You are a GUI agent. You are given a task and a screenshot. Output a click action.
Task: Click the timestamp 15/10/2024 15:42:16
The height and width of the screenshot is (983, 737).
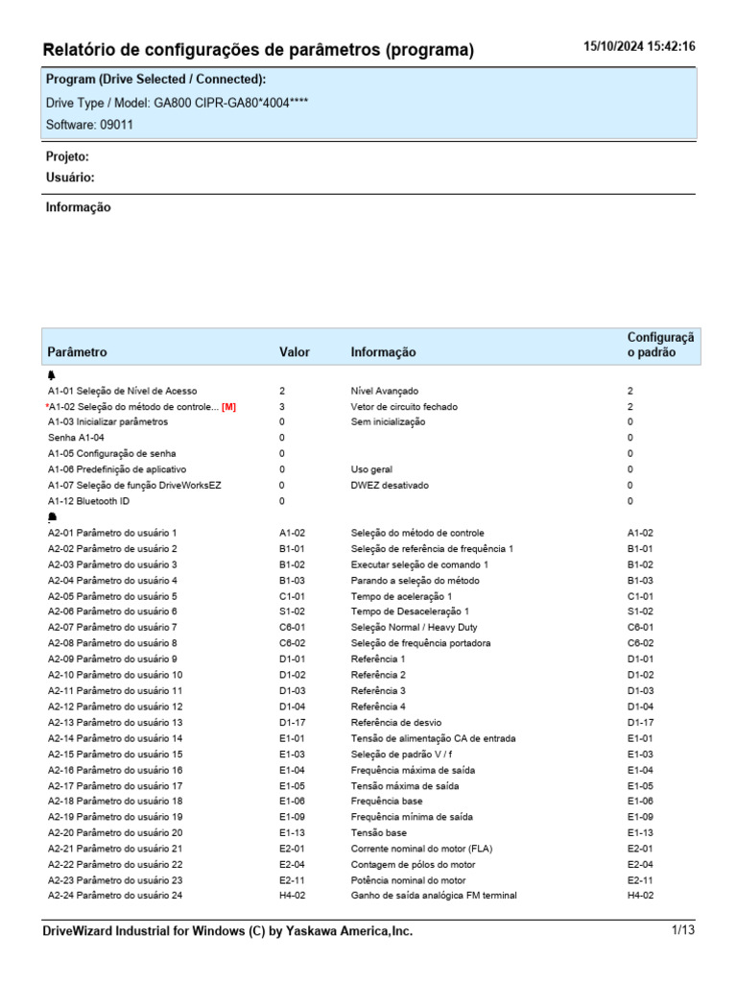click(639, 47)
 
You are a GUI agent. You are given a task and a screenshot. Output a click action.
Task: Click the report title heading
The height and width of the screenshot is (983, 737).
click(259, 50)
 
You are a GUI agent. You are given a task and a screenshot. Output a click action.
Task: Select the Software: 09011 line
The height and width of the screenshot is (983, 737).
click(90, 125)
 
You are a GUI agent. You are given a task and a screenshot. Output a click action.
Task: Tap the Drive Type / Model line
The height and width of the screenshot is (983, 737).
click(177, 103)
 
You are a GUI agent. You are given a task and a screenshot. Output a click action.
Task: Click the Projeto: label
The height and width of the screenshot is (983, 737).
click(67, 156)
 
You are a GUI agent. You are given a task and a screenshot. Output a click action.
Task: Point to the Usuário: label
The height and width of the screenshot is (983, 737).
click(70, 178)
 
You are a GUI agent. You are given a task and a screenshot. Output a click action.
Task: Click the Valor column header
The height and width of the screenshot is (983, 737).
click(295, 352)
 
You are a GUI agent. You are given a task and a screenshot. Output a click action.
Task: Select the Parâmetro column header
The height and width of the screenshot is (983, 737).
click(77, 352)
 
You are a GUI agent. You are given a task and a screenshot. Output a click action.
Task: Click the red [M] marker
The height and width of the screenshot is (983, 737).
click(228, 407)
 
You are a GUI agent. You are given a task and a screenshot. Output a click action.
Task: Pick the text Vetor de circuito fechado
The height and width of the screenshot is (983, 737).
click(404, 407)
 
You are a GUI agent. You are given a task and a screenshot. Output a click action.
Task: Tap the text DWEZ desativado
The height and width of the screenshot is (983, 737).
click(390, 486)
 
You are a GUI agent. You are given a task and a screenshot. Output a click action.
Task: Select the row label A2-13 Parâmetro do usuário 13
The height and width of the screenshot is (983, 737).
click(115, 723)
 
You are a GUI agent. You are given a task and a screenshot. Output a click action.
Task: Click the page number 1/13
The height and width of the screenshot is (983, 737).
click(682, 930)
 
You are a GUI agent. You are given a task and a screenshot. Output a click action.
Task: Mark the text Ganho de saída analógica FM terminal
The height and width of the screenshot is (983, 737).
click(434, 896)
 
